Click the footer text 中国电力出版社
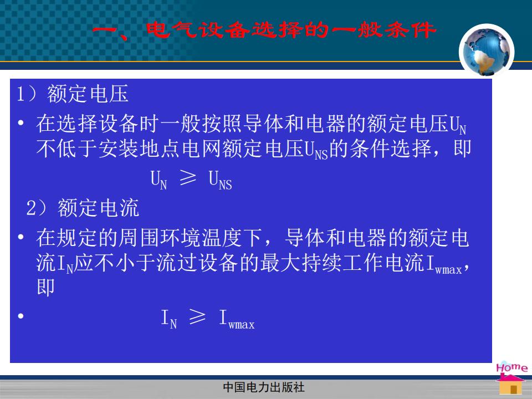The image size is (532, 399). pos(264,387)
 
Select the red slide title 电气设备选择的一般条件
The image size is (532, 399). pos(291,30)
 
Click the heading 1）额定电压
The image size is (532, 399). pos(73,94)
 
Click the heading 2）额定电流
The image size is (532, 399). pos(83,208)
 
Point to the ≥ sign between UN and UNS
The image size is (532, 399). pos(188,177)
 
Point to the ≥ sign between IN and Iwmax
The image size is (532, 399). pos(197,316)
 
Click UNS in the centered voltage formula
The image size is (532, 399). pos(220,180)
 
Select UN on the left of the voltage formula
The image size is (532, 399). pos(158,180)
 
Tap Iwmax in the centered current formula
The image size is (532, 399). pos(237,319)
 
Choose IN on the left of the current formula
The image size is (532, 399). pos(169,319)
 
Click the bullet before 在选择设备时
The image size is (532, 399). pos(21,122)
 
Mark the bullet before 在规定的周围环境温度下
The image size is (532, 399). pos(21,237)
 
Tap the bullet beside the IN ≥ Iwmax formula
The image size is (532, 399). pos(21,316)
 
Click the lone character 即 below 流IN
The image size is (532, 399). pos(46,287)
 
